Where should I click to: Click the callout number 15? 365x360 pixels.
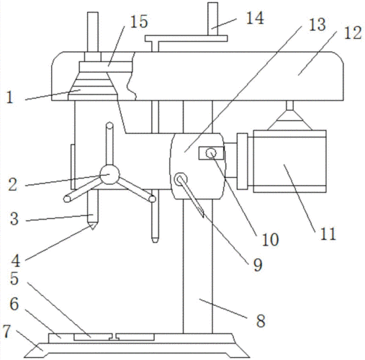[x=139, y=22]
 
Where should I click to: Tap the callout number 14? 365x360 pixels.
[x=255, y=18]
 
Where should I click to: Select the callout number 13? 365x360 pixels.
[x=317, y=24]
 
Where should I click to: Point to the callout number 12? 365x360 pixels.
[x=353, y=32]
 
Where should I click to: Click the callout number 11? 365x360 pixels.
[x=328, y=233]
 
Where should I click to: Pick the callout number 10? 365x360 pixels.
[x=270, y=239]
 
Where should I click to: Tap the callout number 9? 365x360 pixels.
[x=258, y=265]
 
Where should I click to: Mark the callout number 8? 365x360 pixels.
[x=261, y=320]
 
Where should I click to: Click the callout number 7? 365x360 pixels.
[x=6, y=331]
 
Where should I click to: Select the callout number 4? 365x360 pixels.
[x=16, y=261]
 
